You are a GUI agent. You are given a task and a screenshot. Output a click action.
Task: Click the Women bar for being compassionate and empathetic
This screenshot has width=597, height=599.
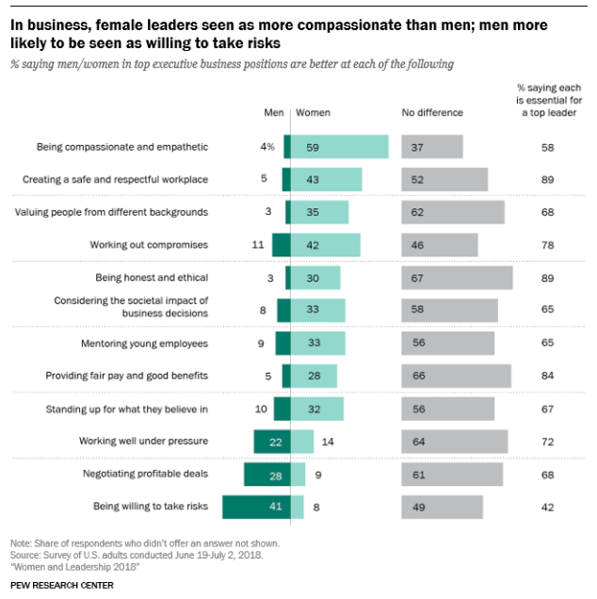[339, 146]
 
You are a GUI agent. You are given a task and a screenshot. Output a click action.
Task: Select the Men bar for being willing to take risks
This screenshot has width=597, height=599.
[256, 507]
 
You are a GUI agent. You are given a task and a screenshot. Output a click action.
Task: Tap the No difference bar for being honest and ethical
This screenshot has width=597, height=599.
[457, 278]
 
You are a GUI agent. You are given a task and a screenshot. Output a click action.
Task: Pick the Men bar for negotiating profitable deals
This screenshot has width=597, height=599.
[266, 474]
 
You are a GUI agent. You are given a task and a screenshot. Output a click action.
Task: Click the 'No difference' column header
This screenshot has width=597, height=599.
[432, 113]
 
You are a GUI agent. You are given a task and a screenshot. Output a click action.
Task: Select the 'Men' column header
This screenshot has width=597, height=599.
[274, 113]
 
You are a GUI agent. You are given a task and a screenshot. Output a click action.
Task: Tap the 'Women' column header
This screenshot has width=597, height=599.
[313, 113]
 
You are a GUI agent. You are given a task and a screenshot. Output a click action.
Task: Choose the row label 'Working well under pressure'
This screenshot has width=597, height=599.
[145, 441]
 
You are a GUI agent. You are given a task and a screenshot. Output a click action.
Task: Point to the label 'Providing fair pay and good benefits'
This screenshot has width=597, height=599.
[127, 376]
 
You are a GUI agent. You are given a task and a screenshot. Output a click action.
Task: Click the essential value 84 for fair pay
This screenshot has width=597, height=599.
[547, 376]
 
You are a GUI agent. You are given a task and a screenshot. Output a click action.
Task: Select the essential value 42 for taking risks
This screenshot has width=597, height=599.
[547, 507]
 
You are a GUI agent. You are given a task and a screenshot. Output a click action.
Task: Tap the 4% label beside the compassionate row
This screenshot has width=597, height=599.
[268, 147]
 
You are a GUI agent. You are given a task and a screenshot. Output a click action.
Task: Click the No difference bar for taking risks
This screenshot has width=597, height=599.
[443, 507]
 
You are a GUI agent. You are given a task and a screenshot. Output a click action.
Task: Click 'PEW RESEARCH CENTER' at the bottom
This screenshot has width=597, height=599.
[62, 585]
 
